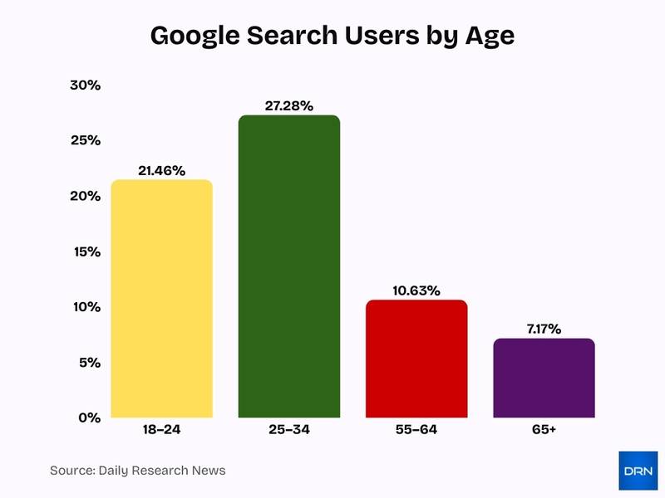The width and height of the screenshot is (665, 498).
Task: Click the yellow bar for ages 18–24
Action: pyautogui.click(x=161, y=299)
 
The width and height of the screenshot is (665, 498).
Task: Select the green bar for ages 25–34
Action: pyautogui.click(x=288, y=266)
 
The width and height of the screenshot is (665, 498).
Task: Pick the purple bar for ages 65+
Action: pyautogui.click(x=544, y=378)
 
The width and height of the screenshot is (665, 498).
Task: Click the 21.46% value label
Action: pyautogui.click(x=161, y=169)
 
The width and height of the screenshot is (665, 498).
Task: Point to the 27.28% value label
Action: pyautogui.click(x=288, y=105)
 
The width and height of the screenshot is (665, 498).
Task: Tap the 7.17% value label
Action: pyautogui.click(x=544, y=329)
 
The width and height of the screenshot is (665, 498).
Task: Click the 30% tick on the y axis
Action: pyautogui.click(x=85, y=85)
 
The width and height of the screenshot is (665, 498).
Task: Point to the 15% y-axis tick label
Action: pyautogui.click(x=85, y=251)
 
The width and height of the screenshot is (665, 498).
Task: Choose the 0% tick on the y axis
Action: pyautogui.click(x=88, y=417)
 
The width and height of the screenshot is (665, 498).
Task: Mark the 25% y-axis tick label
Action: pyautogui.click(x=85, y=140)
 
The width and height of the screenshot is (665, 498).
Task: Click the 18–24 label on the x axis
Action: pyautogui.click(x=161, y=431)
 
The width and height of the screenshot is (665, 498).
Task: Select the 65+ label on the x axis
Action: pyautogui.click(x=544, y=431)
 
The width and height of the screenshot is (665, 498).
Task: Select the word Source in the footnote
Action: pyautogui.click(x=72, y=471)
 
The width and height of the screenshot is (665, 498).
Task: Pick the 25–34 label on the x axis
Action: pyautogui.click(x=288, y=431)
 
